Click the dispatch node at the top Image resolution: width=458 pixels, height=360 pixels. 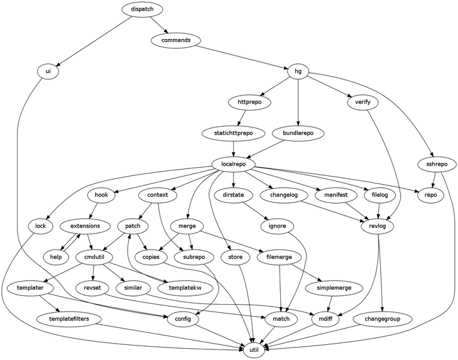click(142, 9)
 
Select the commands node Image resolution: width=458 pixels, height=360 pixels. click(176, 40)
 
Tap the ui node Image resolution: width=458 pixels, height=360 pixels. click(48, 71)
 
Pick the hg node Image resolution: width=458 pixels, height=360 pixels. click(298, 71)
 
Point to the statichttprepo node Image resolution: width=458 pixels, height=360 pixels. click(233, 133)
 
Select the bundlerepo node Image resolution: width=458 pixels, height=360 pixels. click(298, 133)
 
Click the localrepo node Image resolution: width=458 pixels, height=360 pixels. click(233, 164)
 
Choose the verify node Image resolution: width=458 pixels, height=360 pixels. click(358, 102)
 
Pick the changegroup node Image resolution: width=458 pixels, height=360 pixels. click(388, 319)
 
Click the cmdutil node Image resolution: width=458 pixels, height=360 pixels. click(94, 256)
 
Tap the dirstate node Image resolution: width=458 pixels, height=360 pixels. click(233, 195)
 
